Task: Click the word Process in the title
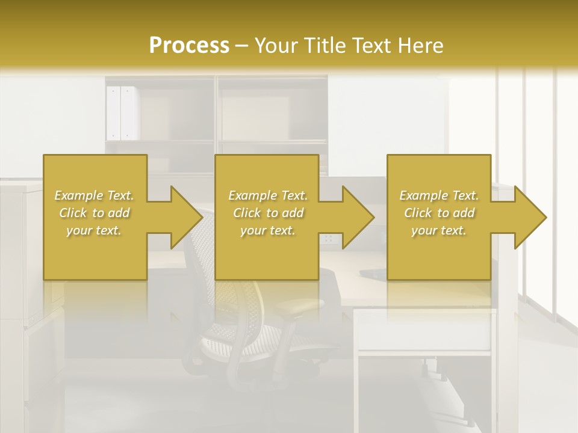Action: (x=189, y=45)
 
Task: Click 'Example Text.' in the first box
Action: (x=94, y=195)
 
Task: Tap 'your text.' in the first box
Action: (x=94, y=230)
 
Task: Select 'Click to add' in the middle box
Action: (x=268, y=213)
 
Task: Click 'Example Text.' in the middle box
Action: (x=268, y=195)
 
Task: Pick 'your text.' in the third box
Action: (x=439, y=230)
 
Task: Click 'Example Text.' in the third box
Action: (x=439, y=195)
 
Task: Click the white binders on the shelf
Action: (x=121, y=112)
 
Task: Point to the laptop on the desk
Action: (x=373, y=274)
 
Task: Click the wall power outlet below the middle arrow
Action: (x=329, y=239)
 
